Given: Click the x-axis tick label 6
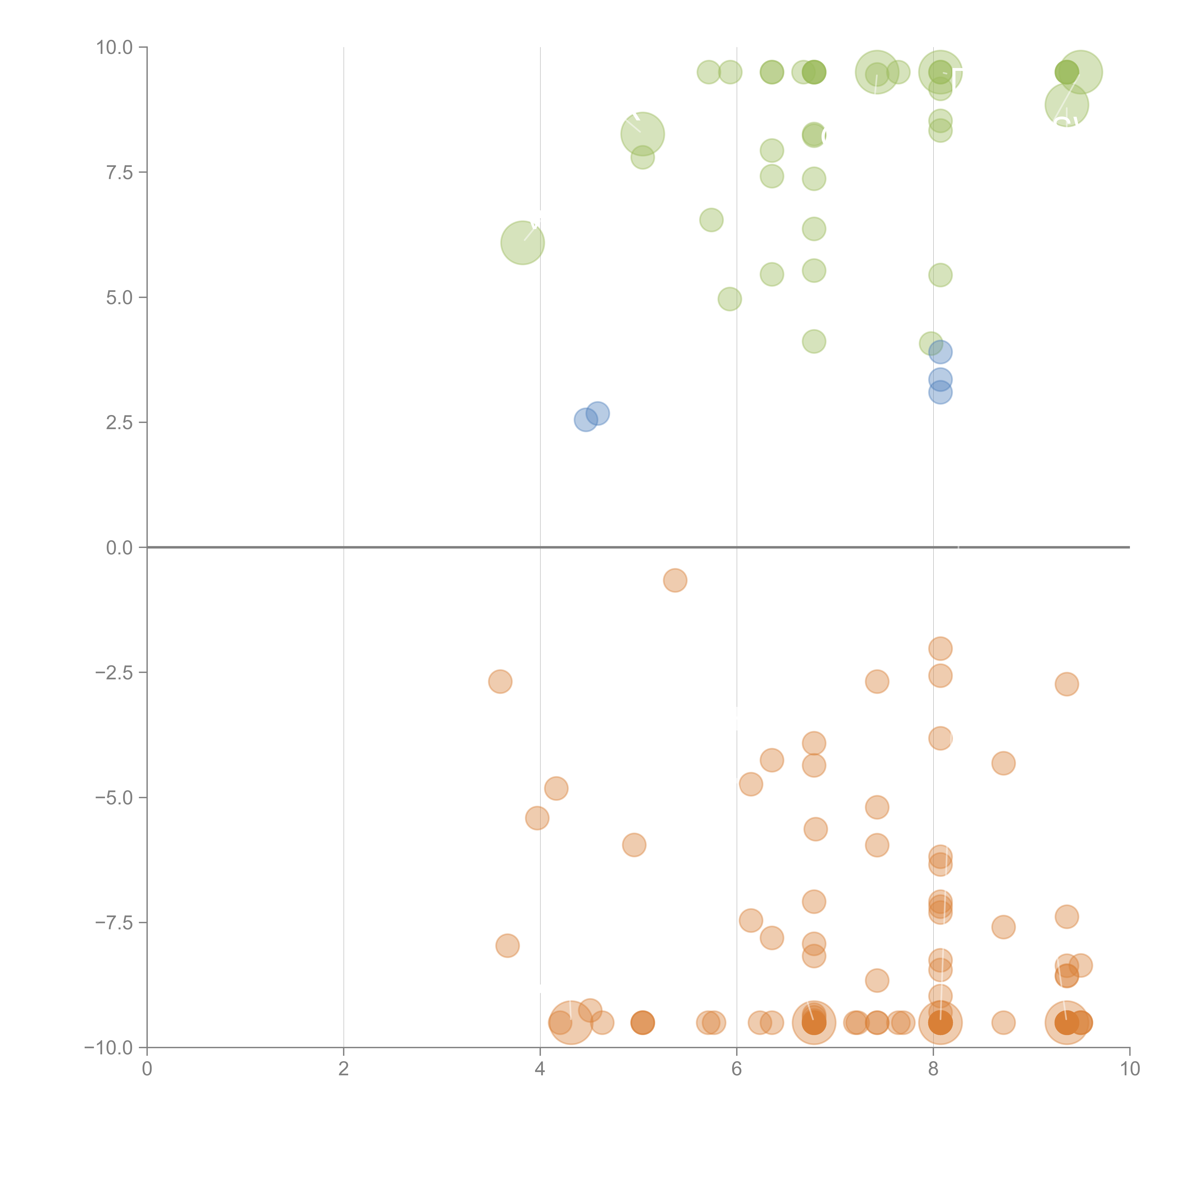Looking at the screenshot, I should coord(737,1069).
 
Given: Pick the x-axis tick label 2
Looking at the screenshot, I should coord(344,1069).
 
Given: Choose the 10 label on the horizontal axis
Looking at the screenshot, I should coord(1129,1069).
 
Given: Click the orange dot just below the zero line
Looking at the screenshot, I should coord(675,580).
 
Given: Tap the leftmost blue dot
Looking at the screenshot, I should coord(585,420).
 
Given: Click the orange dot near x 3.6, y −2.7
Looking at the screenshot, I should coord(500,681).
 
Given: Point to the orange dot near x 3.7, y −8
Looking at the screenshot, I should coord(508,946).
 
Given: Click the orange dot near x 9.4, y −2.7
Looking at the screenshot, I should coord(1067,684).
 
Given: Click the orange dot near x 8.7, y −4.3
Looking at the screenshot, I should coord(1003,763).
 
